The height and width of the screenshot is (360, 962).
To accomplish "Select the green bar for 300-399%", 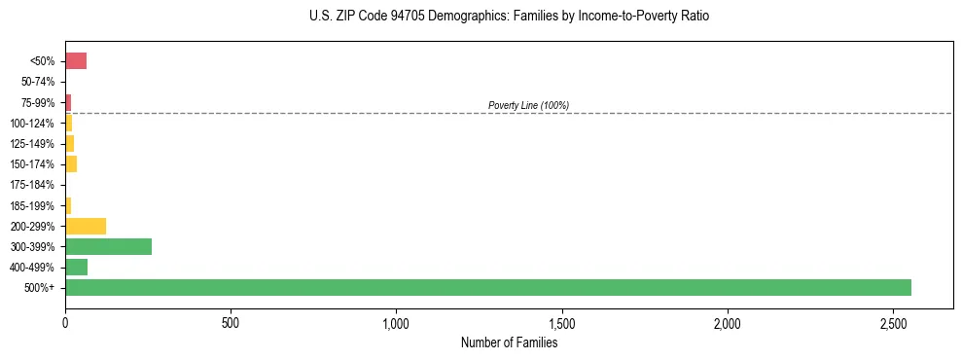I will point(108,246).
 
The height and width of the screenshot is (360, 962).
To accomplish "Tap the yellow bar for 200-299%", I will point(86,226).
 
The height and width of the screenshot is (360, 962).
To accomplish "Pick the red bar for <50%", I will point(76,61).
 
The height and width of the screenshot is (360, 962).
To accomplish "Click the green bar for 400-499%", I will point(76,267).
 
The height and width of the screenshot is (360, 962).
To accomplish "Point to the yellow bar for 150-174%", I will point(71,164).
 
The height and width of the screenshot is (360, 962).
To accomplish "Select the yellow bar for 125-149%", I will point(69,144).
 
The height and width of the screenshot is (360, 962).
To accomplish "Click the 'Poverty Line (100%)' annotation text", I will point(528,105).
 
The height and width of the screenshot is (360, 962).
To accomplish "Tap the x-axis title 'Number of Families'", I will point(509,342).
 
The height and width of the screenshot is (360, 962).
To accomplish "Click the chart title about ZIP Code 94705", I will point(509,17).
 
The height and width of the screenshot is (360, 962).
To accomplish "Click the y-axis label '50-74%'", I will point(39,82).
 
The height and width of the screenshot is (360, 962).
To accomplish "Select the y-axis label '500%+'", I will point(39,288).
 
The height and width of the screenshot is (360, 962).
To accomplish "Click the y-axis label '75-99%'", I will point(39,103).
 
